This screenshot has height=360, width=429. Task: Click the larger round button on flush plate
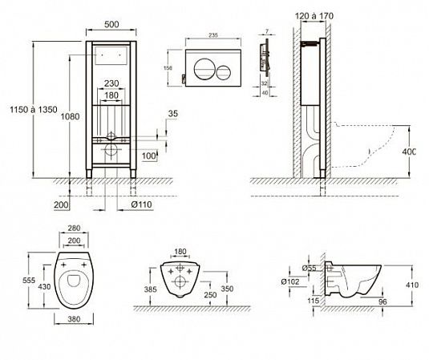point(206,67)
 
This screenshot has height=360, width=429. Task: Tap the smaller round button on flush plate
point(222,67)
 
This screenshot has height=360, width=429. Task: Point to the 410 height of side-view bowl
point(411,283)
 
